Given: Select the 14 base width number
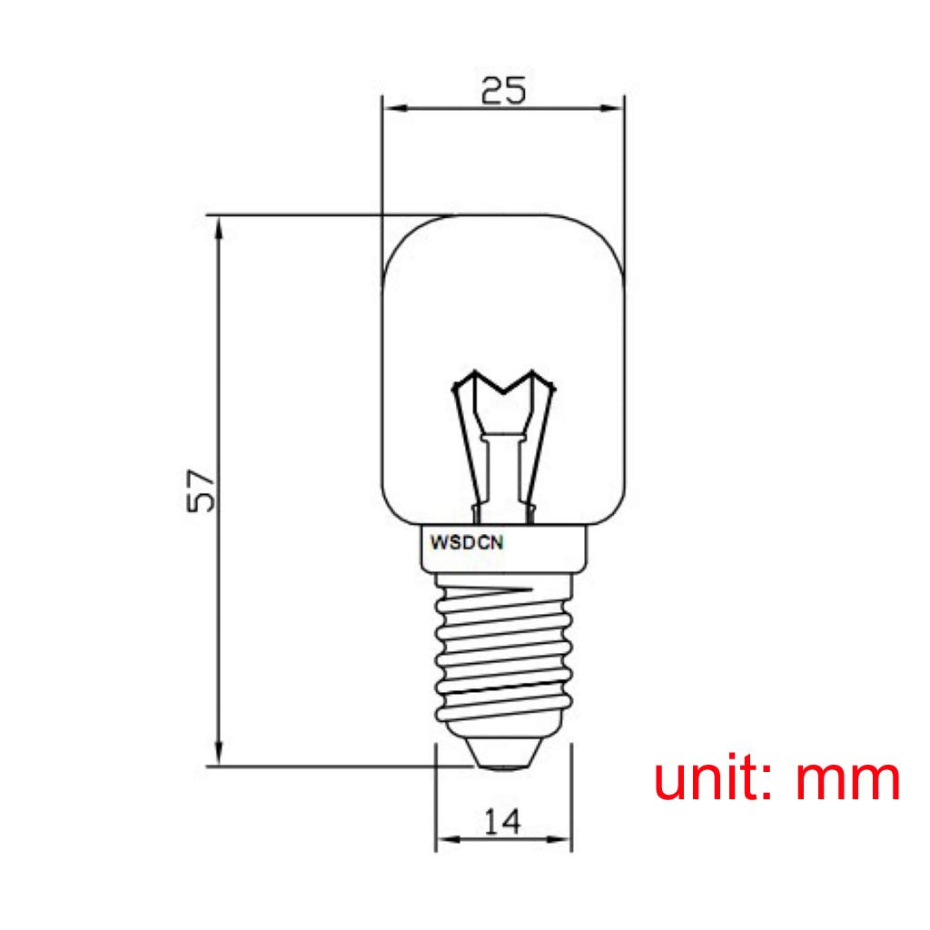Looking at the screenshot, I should tap(502, 822).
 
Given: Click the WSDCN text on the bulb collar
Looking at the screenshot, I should tap(467, 543).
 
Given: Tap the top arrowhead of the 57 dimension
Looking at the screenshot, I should tap(218, 227).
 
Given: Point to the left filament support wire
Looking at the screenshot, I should tap(465, 445).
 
